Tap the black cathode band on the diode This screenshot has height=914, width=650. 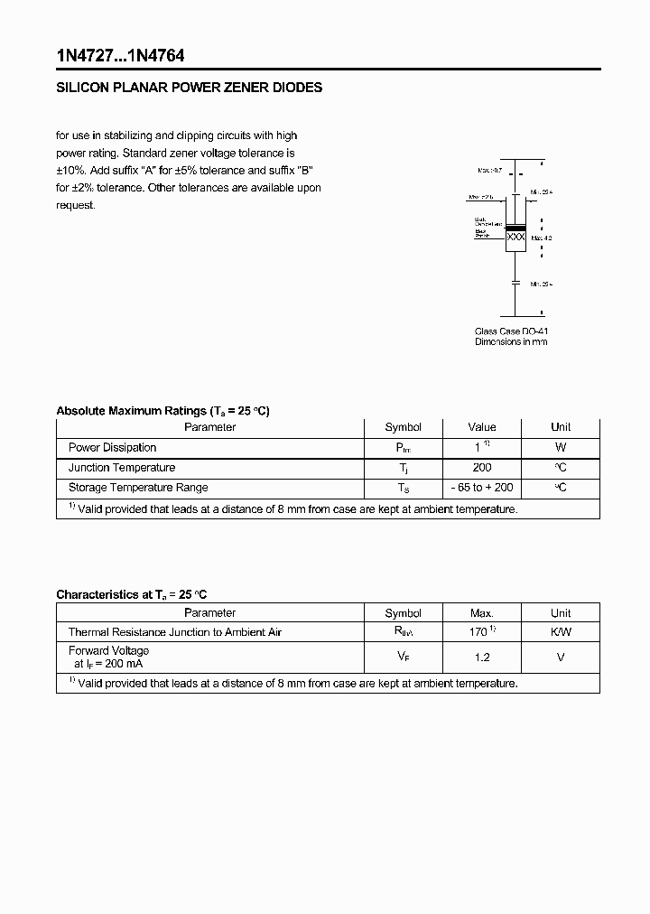tap(515, 227)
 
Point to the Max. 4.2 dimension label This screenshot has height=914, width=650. tap(541, 238)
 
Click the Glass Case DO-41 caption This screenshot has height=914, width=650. tap(511, 331)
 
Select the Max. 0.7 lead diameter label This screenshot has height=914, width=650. tap(491, 170)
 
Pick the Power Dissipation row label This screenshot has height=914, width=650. tap(113, 447)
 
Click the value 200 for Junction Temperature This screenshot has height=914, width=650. tap(482, 467)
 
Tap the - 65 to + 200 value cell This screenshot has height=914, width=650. tap(482, 488)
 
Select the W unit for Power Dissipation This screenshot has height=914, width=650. tap(561, 447)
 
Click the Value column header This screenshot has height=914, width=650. tap(482, 427)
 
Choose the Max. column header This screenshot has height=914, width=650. tap(482, 612)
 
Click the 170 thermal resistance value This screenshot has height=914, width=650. tap(478, 632)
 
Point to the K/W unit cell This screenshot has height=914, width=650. tap(561, 632)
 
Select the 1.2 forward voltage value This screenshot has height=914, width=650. tap(482, 658)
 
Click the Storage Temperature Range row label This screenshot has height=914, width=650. tap(138, 488)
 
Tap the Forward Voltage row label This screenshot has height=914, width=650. tap(109, 650)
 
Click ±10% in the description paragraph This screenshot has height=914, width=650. tap(72, 171)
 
